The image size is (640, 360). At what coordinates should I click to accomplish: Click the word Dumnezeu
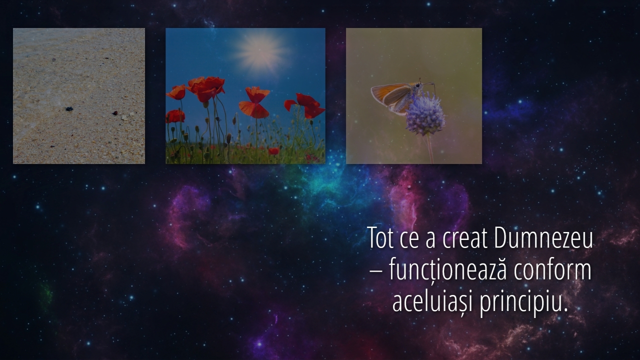[x=543, y=238]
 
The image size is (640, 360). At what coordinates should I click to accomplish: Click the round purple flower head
[x=425, y=115]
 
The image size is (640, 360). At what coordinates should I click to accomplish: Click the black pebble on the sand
[x=69, y=109]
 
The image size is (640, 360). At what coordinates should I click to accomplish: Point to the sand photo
[x=79, y=96]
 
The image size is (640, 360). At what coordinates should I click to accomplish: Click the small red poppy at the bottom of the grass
[x=273, y=151]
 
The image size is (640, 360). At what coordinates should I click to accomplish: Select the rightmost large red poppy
[x=305, y=105]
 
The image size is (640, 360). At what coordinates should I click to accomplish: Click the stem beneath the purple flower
[x=430, y=148]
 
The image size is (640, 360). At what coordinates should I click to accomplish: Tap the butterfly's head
[x=418, y=85]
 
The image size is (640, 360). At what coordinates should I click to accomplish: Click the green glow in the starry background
[x=46, y=294]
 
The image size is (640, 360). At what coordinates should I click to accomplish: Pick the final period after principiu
[x=565, y=309]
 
